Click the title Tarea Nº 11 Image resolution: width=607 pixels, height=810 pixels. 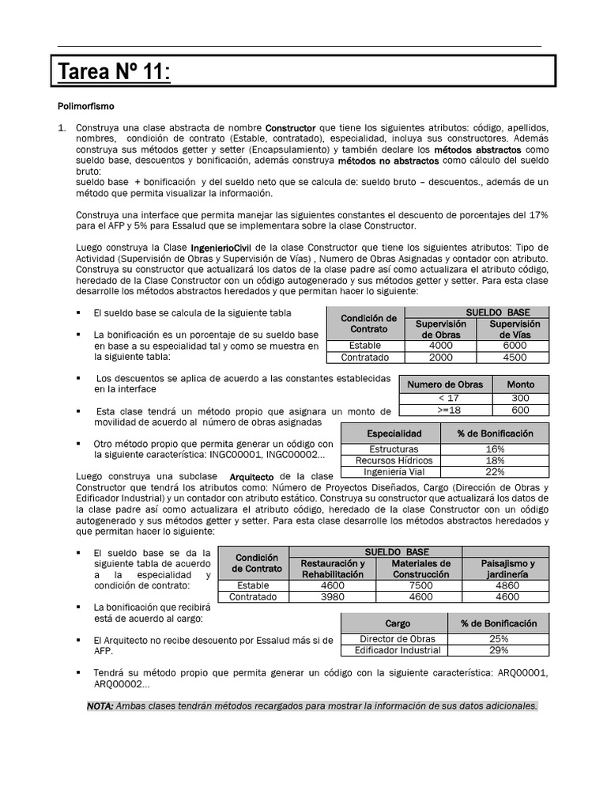[113, 73]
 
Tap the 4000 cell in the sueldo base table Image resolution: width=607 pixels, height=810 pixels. [441, 346]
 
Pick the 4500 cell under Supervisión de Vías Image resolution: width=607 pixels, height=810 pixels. [514, 358]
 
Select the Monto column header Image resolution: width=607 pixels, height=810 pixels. [520, 384]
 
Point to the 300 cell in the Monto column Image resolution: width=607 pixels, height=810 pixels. [520, 398]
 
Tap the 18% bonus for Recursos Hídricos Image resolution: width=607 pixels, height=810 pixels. [496, 460]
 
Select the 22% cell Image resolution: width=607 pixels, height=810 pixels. [496, 472]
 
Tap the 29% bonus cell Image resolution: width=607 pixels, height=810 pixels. [499, 650]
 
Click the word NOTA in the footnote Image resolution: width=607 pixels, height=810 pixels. [100, 706]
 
